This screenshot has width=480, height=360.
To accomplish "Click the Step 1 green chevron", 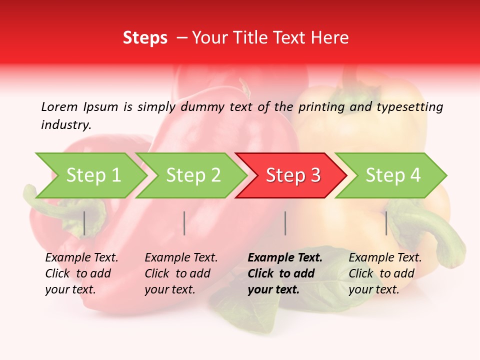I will coord(93,175).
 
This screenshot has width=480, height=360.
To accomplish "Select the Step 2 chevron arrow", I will coord(193,175).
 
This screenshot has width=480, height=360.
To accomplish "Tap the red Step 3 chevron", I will coord(293,175).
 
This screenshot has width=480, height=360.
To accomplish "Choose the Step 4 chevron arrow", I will coord(393,175).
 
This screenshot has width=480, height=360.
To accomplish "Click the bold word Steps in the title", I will coord(145,38).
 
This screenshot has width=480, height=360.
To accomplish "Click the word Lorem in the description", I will coord(59,106).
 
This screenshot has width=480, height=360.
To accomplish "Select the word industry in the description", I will coord(65,125).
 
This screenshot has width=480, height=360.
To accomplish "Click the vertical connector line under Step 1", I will coord(84,223).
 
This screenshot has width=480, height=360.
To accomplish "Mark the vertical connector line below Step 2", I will coord(184,223).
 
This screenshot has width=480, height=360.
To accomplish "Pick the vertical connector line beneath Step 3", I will coord(285,223).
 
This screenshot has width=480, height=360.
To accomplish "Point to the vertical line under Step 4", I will coord(386,223).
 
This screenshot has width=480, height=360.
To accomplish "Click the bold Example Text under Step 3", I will coord(285,258).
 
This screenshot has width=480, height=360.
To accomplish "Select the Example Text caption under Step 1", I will coord(81,258).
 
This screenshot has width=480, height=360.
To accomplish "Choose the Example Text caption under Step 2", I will coord(181,258).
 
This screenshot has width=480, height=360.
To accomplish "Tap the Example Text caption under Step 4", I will coord(385,258).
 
